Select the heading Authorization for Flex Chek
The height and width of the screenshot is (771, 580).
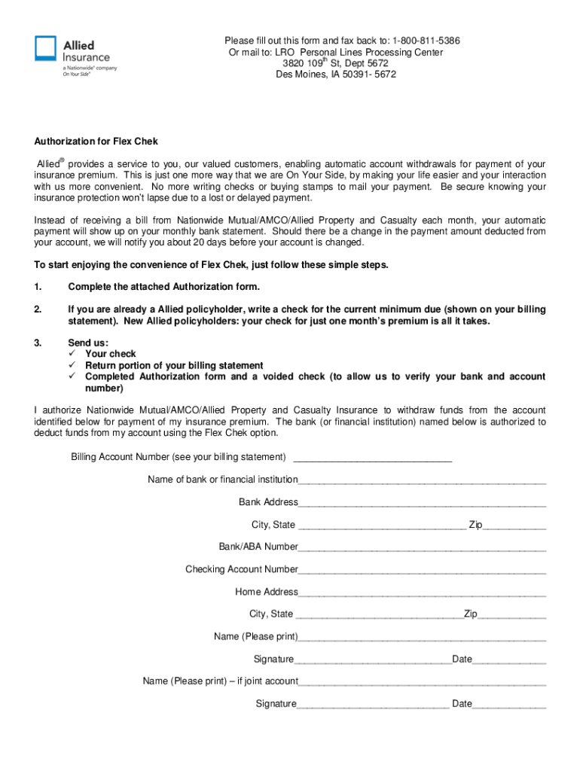pos(96,141)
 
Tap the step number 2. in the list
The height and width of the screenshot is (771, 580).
pos(38,309)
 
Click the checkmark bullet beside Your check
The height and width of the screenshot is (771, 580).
pos(73,354)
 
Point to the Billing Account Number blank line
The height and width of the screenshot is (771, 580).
pos(372,457)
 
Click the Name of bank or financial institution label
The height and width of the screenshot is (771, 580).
pos(222,480)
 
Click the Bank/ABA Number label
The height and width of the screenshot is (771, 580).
pos(258,547)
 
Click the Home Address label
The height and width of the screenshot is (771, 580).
pos(266,592)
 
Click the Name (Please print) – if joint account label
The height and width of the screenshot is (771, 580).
pos(220,681)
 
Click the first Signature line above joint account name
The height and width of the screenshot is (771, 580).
pos(373,660)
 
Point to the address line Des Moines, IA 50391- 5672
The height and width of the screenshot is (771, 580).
pos(335,75)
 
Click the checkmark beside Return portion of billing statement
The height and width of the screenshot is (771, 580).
pos(73,365)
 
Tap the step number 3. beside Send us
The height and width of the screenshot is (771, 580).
pos(38,343)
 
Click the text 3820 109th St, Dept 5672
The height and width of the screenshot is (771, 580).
pos(335,63)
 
